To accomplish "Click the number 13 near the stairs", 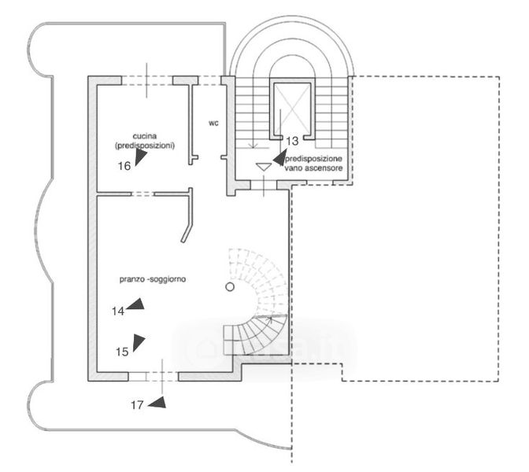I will [291, 142].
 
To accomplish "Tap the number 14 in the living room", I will [118, 311].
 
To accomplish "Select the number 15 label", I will [121, 352].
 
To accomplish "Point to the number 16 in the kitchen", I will [124, 165].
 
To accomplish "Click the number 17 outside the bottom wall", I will [137, 405].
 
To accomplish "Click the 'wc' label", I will [213, 123].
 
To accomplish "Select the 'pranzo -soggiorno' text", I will [153, 279].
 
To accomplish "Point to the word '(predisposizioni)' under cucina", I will [144, 146].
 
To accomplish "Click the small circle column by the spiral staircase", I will [230, 287].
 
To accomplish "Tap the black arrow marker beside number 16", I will [140, 158].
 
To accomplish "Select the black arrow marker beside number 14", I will [136, 304].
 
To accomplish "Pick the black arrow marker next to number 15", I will [139, 342].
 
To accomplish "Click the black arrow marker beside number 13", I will [279, 157].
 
